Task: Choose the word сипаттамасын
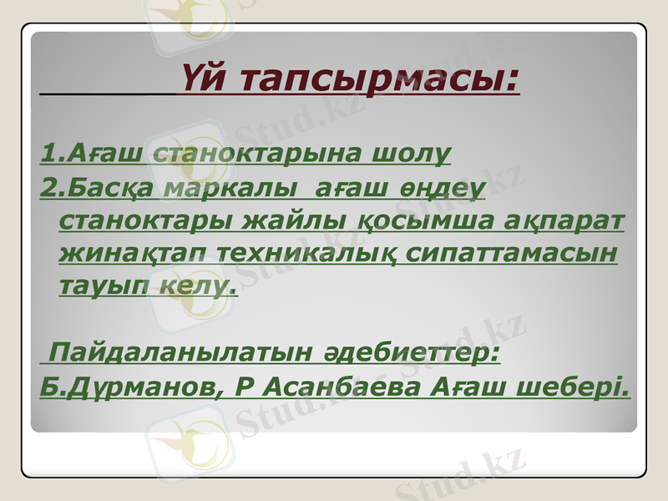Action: [x=506, y=251]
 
